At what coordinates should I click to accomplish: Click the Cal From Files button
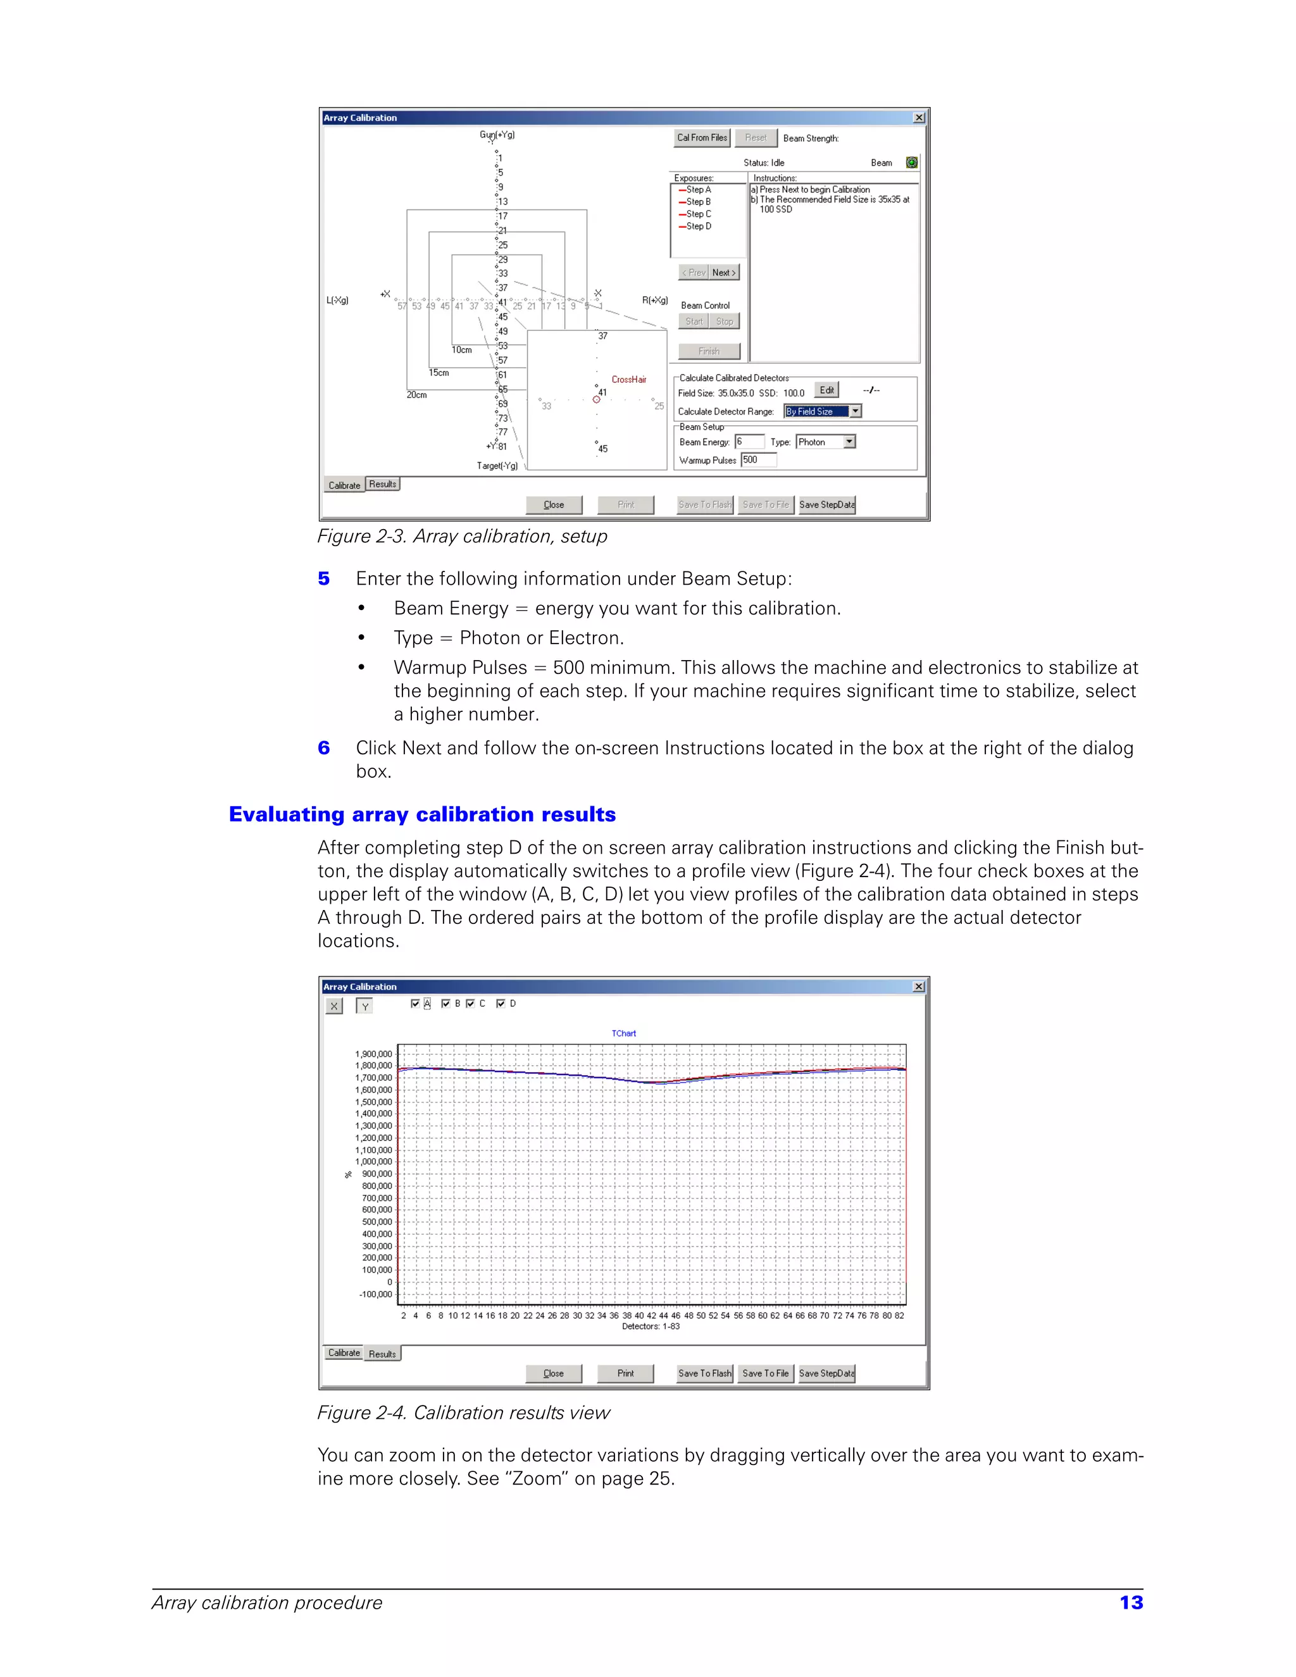click(x=702, y=137)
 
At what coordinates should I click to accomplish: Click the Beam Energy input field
click(x=749, y=442)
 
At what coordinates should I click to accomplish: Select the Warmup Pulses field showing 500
click(x=759, y=460)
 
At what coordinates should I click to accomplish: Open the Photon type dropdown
click(x=849, y=442)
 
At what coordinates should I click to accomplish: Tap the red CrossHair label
click(x=629, y=379)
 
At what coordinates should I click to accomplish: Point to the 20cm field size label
click(x=417, y=395)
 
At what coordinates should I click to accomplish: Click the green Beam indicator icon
click(x=911, y=163)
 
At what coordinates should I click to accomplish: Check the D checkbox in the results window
click(x=501, y=1004)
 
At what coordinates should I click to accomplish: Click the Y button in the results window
click(x=364, y=1006)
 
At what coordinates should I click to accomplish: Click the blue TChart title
click(x=623, y=1033)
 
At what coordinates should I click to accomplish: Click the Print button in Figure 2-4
click(x=625, y=1374)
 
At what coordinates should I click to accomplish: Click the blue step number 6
click(x=324, y=748)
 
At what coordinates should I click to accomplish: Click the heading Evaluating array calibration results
click(x=422, y=814)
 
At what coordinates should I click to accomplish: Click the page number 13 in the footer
click(x=1131, y=1602)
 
